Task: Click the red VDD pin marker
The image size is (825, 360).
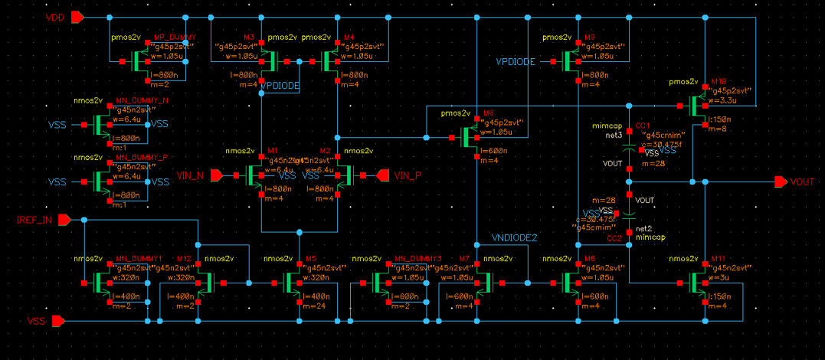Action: click(77, 17)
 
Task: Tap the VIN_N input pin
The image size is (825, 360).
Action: click(217, 175)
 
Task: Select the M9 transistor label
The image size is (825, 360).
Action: click(589, 37)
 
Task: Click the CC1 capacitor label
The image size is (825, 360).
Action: click(642, 125)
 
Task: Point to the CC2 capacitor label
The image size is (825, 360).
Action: click(615, 238)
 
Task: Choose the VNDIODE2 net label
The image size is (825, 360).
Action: click(514, 238)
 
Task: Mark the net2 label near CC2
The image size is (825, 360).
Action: click(643, 228)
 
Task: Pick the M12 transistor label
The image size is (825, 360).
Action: click(184, 259)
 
